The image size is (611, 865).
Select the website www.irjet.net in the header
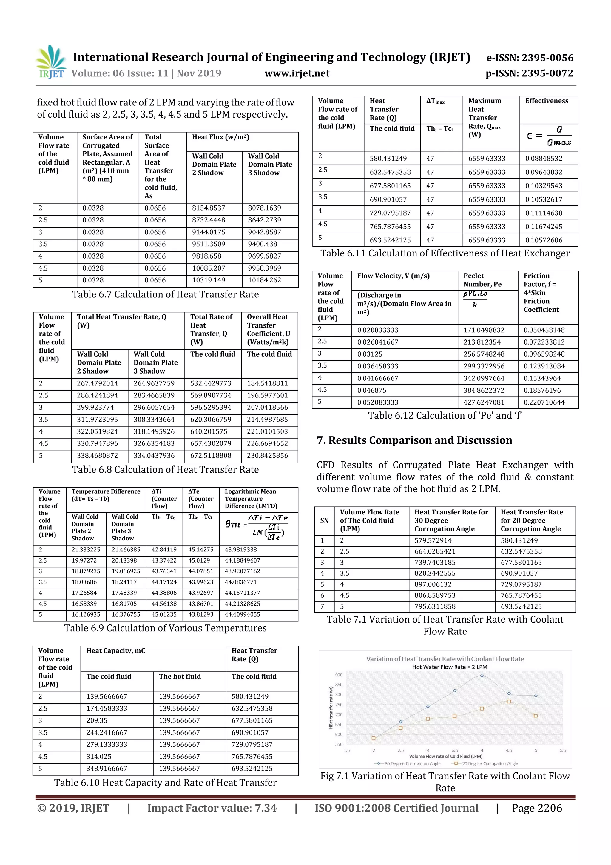(297, 73)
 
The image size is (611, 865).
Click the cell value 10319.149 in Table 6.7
(209, 280)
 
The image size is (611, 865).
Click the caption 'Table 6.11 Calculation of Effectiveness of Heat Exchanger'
(445, 253)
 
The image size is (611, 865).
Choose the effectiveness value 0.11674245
(544, 226)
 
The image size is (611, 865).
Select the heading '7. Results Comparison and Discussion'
(414, 440)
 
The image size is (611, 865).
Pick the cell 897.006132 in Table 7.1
(436, 584)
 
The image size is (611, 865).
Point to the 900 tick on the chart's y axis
(339, 675)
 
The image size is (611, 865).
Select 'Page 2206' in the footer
(537, 808)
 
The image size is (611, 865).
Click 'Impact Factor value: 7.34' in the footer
(212, 808)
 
